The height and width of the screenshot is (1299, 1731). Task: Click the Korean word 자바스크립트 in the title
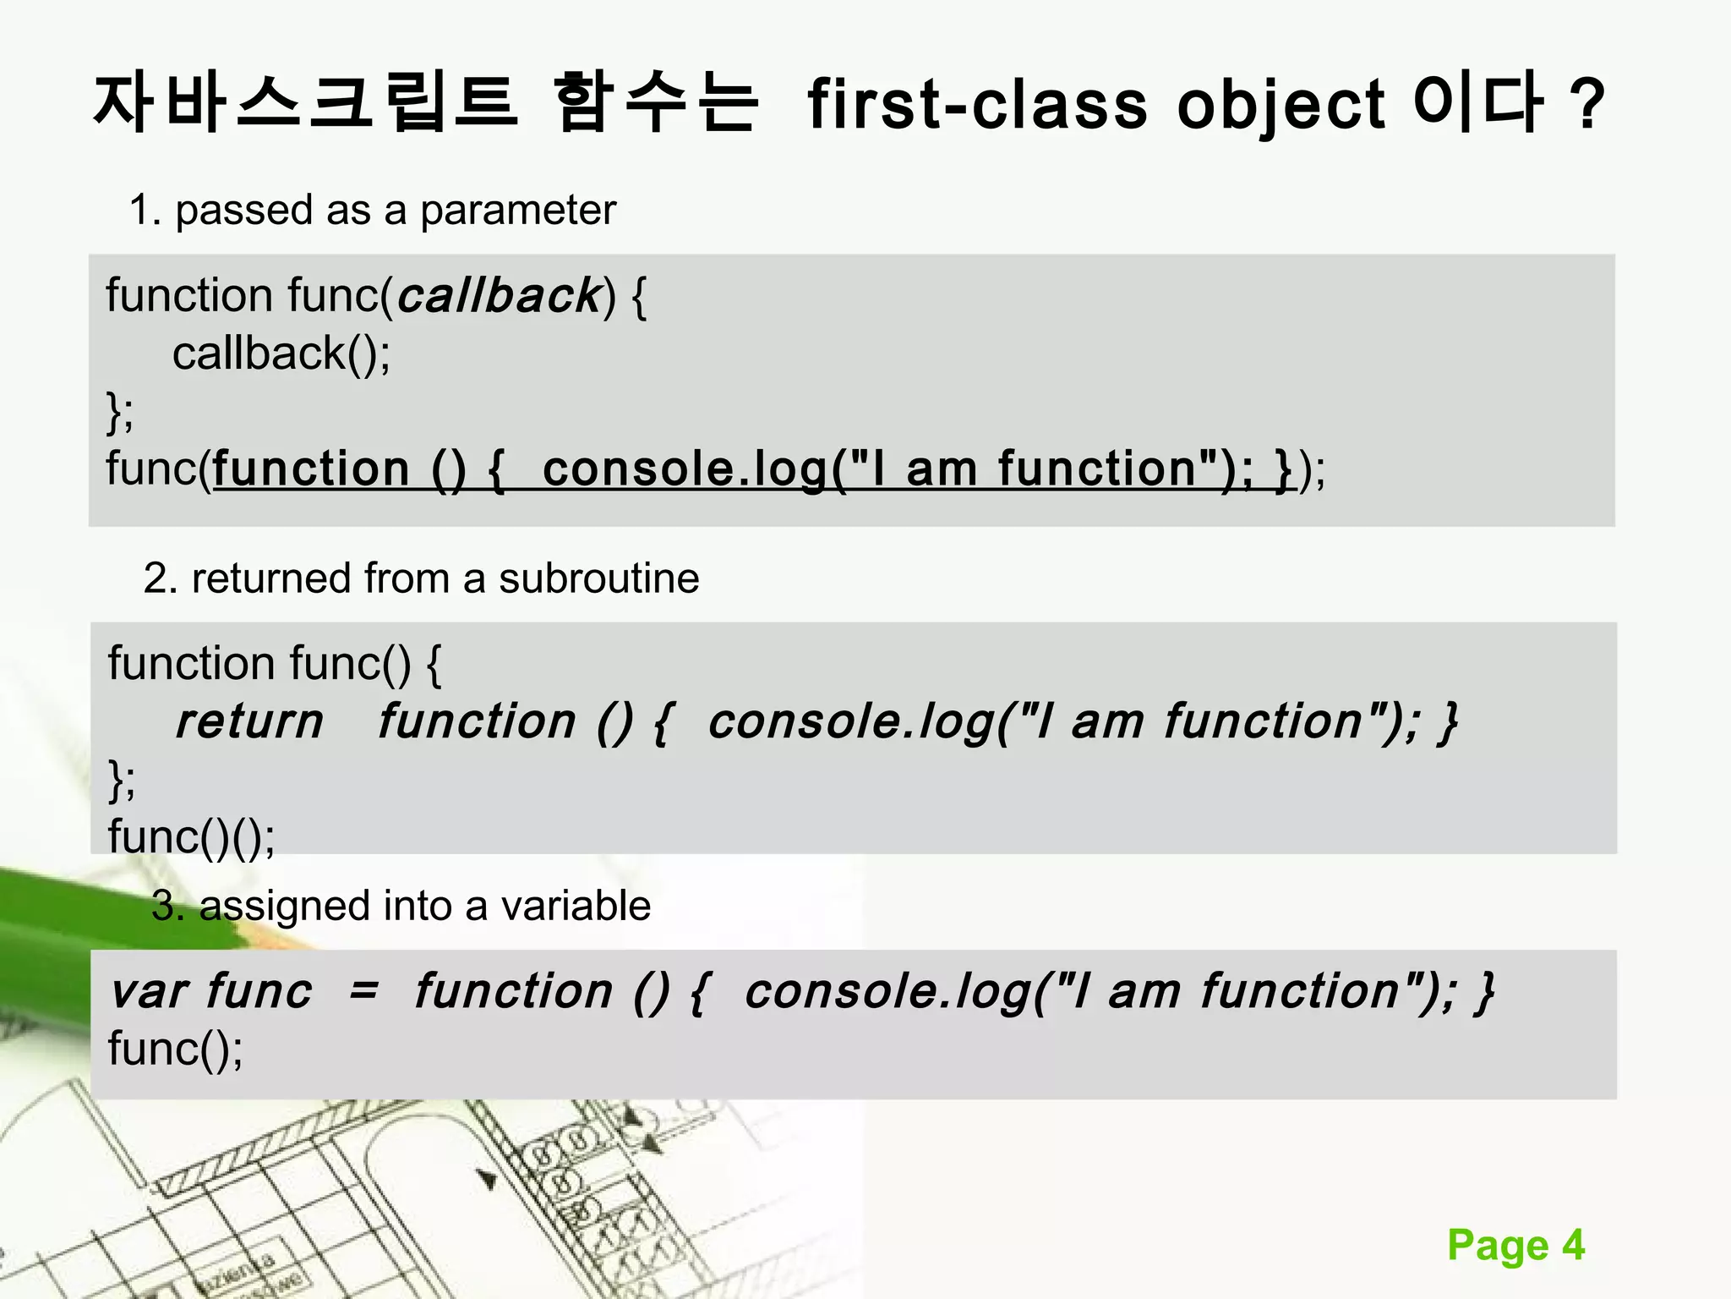[x=304, y=103]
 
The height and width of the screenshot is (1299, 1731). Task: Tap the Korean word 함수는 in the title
[x=655, y=103]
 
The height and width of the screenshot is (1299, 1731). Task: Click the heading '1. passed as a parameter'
[x=372, y=210]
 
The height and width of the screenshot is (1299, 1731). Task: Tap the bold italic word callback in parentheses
[x=499, y=296]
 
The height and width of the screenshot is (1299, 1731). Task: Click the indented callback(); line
[x=281, y=354]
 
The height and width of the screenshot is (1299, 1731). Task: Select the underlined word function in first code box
[x=311, y=469]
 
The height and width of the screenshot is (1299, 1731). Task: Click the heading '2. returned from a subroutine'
[x=421, y=578]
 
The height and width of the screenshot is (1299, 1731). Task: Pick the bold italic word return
[x=249, y=721]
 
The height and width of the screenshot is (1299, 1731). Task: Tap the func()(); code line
[x=191, y=836]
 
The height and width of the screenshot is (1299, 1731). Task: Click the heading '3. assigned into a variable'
[x=401, y=906]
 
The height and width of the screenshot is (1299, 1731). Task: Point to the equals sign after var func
[x=363, y=991]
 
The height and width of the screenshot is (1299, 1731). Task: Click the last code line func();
[x=175, y=1050]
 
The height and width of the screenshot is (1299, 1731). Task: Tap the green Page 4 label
[x=1515, y=1245]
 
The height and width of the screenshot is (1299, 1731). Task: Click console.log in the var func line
[x=887, y=991]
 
